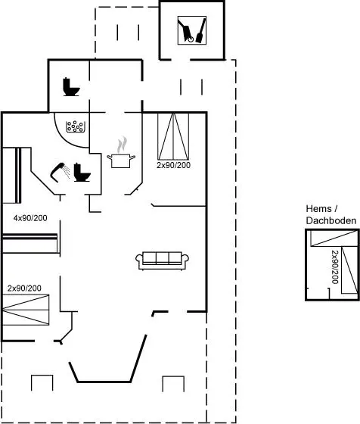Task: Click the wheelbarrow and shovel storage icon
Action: tap(192, 30)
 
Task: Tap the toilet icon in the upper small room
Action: tap(71, 87)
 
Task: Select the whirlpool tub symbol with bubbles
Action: tap(76, 126)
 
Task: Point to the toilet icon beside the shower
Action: tap(82, 173)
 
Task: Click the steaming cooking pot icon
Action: tap(121, 152)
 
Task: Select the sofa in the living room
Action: tap(162, 260)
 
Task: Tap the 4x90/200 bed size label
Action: tap(30, 218)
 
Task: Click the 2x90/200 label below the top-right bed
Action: tap(173, 165)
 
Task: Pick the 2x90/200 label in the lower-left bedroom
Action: tap(24, 288)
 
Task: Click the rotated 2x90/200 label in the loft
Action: tap(335, 267)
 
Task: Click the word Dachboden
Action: tap(331, 220)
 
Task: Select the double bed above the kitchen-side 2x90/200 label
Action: tap(173, 136)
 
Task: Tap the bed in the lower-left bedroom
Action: tap(26, 310)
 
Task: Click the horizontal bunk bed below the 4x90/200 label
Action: tap(30, 243)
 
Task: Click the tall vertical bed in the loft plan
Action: tap(349, 270)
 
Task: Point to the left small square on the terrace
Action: tap(42, 382)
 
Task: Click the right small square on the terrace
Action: tap(173, 384)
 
